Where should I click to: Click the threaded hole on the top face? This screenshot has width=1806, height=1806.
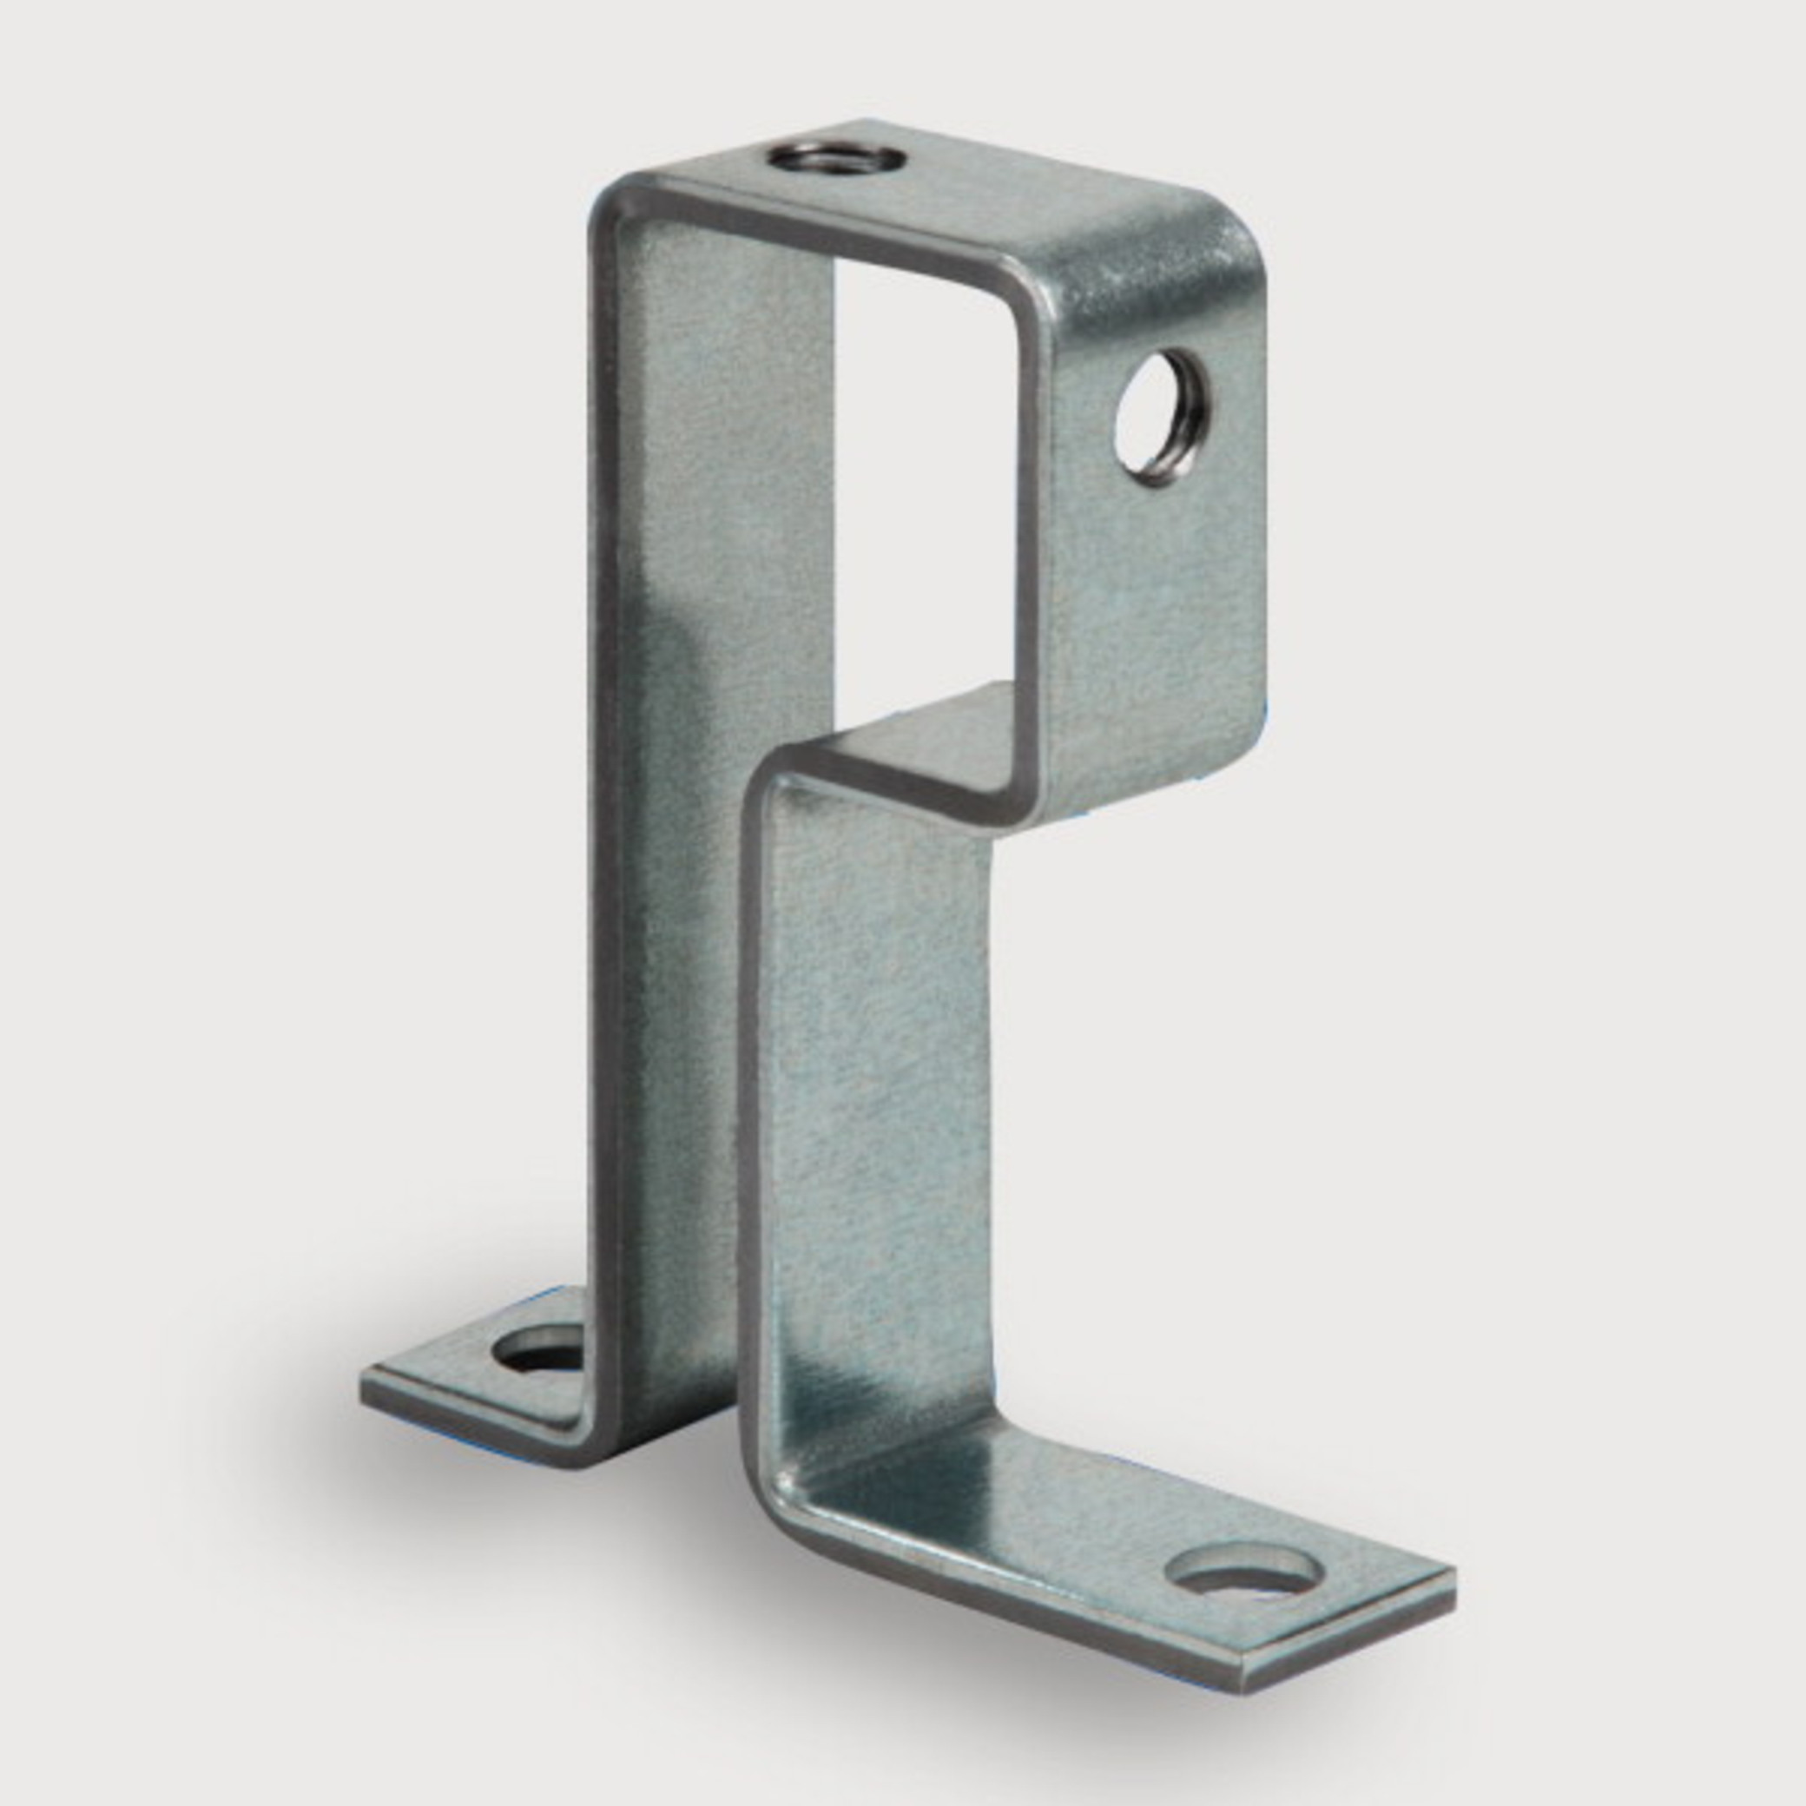pos(837,157)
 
